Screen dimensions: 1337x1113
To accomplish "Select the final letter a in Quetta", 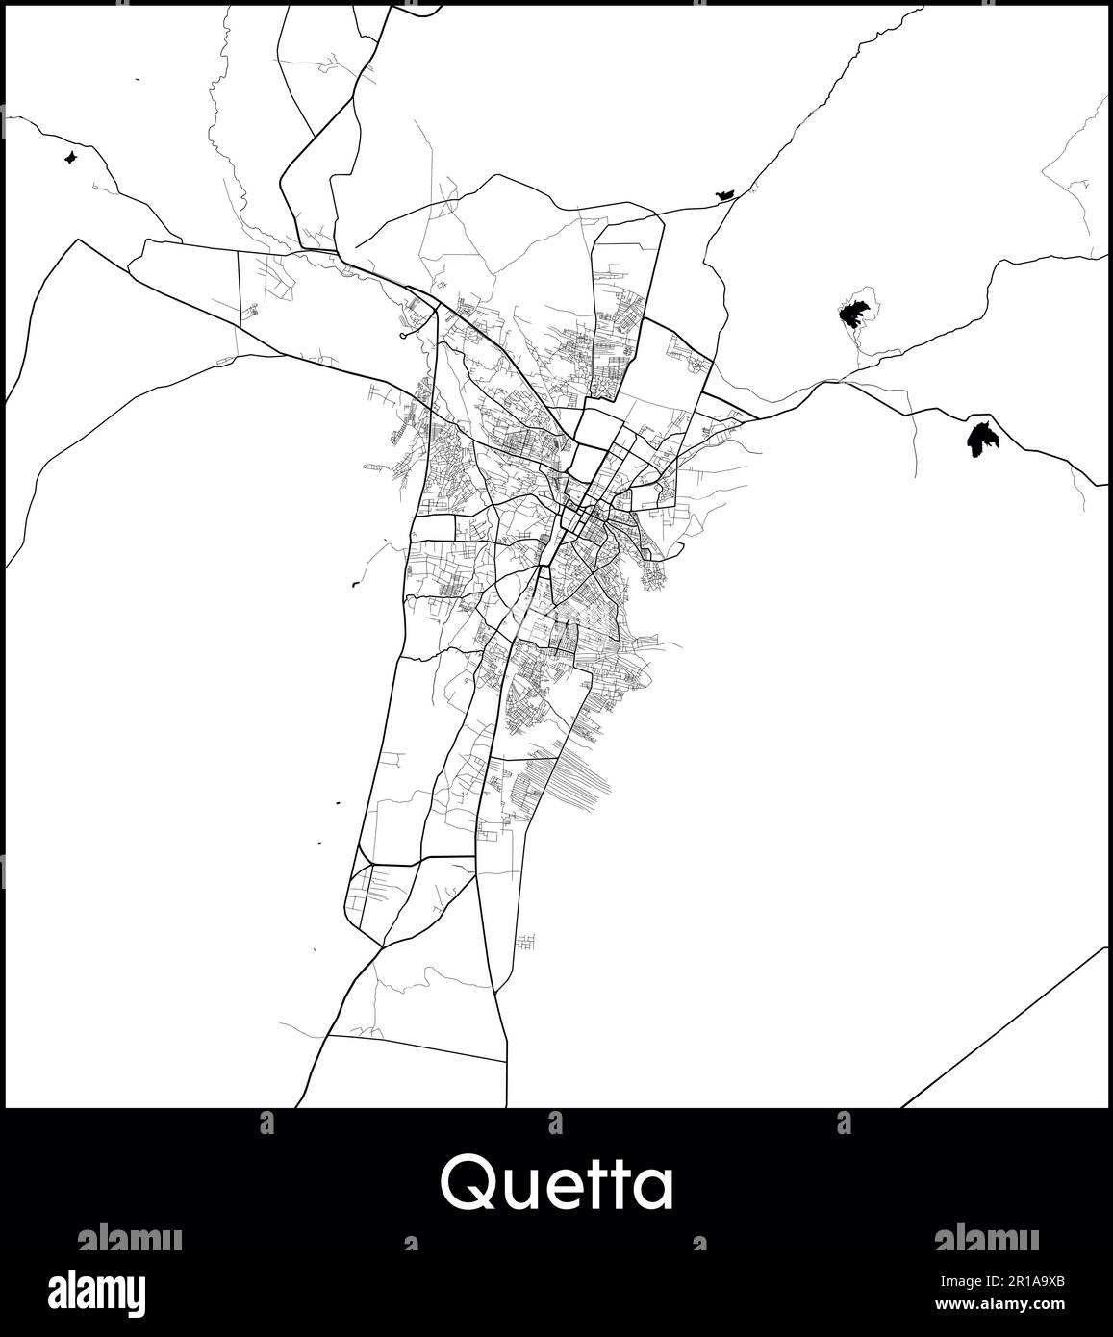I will point(652,1188).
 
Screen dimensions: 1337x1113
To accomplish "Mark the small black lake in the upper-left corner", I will point(69,157).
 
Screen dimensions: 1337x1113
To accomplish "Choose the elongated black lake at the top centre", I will point(724,195).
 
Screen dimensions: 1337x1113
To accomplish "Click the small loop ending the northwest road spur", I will point(402,336).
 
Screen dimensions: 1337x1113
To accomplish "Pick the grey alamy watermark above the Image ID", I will point(986,1238).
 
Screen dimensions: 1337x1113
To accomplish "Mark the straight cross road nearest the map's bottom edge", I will point(417,1047).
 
